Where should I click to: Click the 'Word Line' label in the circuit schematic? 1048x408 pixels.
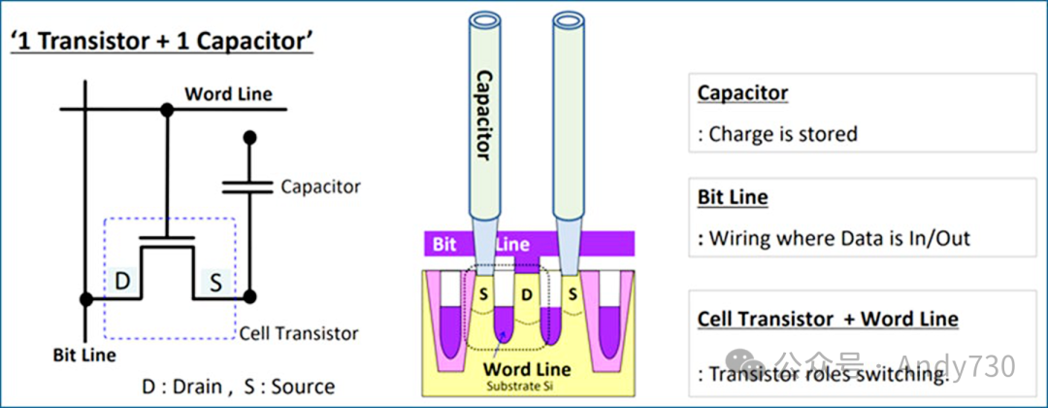tap(228, 94)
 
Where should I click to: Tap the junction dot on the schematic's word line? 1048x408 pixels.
tap(167, 110)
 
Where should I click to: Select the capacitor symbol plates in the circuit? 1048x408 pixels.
tap(249, 186)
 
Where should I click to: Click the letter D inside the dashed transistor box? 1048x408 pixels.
tap(124, 282)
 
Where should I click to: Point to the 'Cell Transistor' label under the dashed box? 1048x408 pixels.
tap(299, 333)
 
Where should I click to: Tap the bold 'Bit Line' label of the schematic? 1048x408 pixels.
tap(83, 355)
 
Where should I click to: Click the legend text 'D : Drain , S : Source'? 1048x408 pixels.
tap(238, 387)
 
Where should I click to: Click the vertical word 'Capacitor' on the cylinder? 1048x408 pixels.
tap(482, 115)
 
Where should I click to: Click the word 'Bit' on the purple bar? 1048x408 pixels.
tap(444, 244)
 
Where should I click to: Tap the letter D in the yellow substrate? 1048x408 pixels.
tap(526, 292)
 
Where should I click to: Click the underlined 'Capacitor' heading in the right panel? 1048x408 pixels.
tap(742, 94)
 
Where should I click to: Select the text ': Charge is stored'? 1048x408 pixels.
tap(777, 134)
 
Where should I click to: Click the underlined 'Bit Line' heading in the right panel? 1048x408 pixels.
tap(733, 197)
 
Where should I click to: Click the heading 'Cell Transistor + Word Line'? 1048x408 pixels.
tap(828, 319)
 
